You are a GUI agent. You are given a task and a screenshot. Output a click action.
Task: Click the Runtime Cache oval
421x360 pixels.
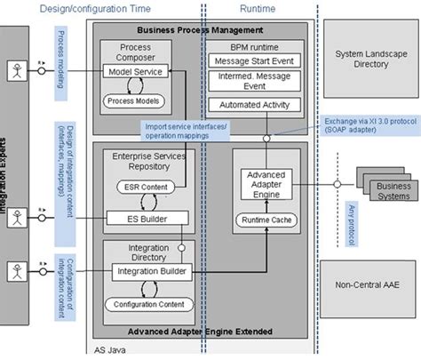click(265, 219)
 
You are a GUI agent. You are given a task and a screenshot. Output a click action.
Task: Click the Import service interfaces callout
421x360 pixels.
click(184, 131)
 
